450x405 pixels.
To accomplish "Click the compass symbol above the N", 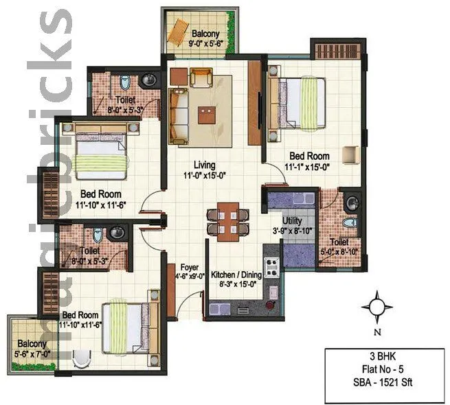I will (x=377, y=305).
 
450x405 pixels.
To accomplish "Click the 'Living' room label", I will (x=205, y=165).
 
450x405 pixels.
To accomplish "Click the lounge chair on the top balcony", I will (x=179, y=32).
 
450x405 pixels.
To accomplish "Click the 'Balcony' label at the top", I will (x=205, y=34).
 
